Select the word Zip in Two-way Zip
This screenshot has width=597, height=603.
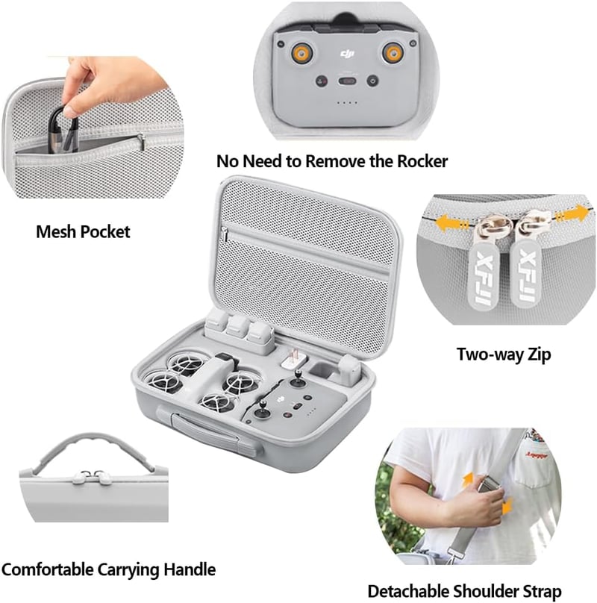pos(539,354)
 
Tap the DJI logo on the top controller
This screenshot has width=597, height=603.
pos(347,54)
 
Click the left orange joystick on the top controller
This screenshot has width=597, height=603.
pos(301,53)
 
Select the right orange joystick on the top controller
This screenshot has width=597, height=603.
pos(393,53)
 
